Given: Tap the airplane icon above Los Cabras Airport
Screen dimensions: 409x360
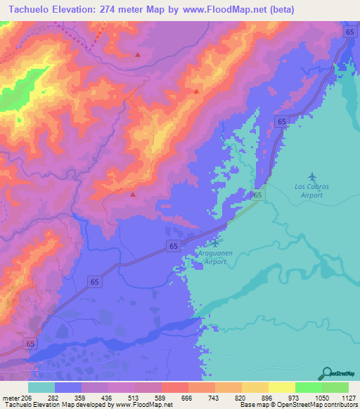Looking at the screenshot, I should point(312,176).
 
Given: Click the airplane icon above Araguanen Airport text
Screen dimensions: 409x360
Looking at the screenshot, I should point(214,243).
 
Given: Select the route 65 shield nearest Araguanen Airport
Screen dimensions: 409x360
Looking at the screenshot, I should point(173,245).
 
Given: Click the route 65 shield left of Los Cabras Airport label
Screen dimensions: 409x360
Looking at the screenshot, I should point(257,195).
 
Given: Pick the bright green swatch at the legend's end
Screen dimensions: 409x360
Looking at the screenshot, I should point(335,387).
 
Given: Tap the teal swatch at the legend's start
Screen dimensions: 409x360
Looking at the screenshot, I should point(41,387).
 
